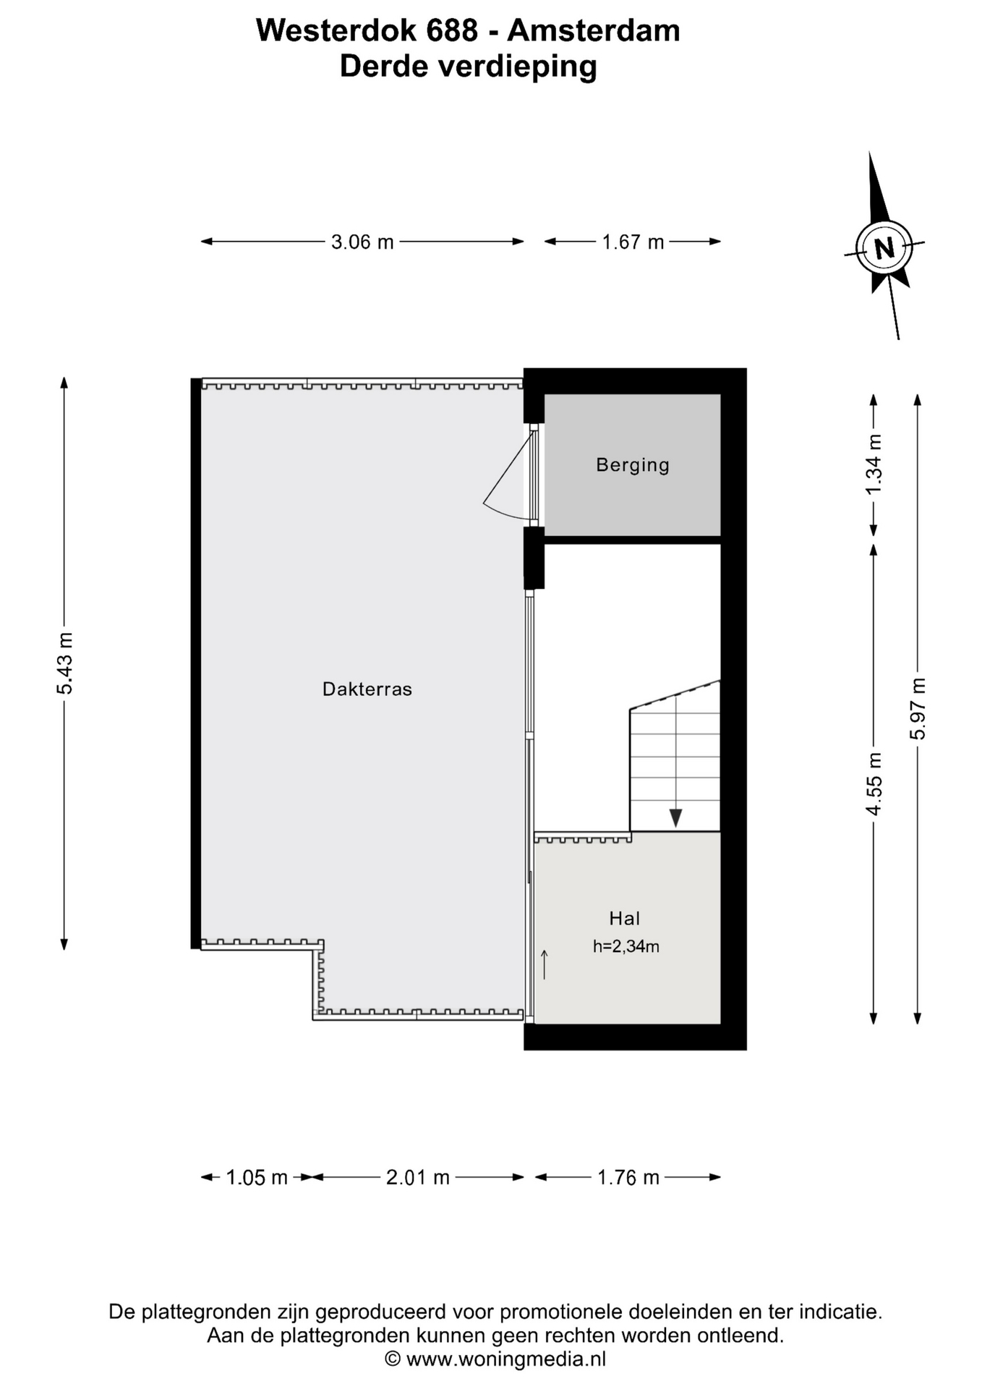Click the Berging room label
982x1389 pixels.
click(633, 465)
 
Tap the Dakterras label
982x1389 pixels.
click(367, 689)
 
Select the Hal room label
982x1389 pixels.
click(625, 919)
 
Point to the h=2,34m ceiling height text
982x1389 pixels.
click(626, 946)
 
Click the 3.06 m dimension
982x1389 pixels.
click(362, 242)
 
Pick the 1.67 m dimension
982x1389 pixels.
click(633, 242)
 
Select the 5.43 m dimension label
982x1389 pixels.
click(65, 663)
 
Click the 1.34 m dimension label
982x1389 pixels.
click(874, 464)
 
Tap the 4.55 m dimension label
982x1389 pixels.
click(874, 784)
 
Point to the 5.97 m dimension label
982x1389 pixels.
click(918, 709)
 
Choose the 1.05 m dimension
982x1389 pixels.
click(257, 1178)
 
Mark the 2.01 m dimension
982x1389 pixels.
click(418, 1178)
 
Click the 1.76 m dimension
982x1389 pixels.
click(628, 1178)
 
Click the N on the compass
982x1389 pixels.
click(884, 248)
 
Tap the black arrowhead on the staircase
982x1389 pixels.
click(675, 818)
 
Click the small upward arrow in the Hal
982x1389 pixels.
click(544, 965)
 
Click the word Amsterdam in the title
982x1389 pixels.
click(594, 30)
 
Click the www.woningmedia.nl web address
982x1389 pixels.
click(506, 1359)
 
